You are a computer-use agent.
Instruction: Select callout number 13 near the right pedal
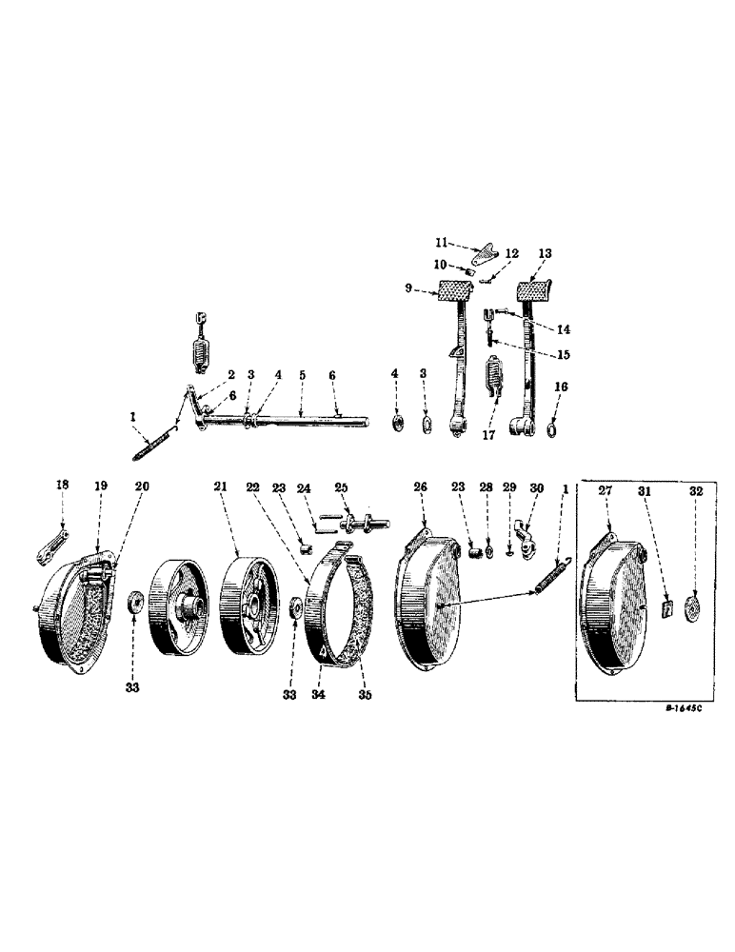545,254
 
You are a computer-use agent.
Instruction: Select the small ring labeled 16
552,433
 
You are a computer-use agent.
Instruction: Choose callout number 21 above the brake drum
221,487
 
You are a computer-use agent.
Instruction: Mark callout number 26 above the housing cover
421,487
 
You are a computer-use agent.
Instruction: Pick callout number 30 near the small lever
536,487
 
